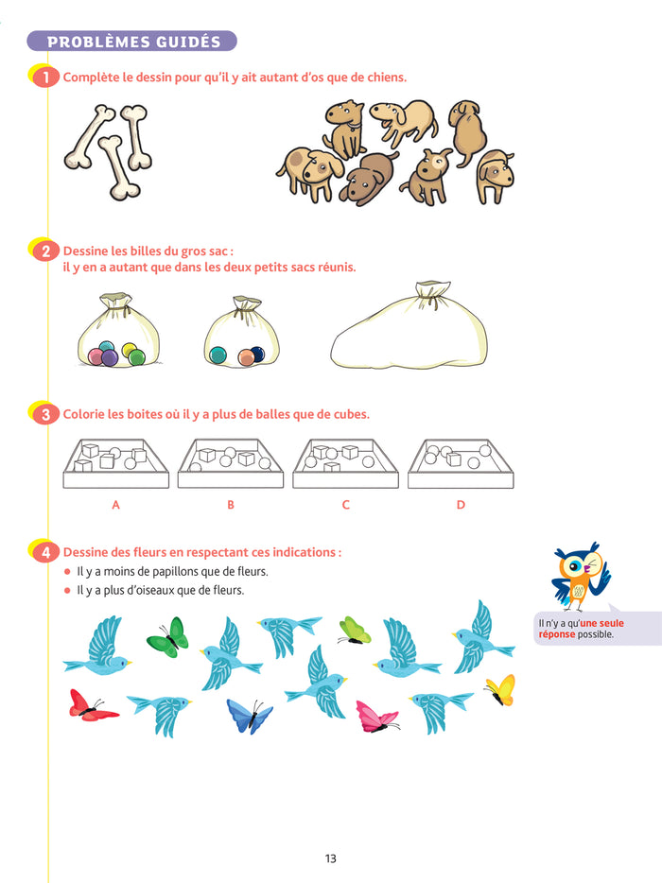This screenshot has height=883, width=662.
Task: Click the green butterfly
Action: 168,636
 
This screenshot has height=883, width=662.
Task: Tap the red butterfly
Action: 92,705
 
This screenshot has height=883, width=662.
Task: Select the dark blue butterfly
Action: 250,716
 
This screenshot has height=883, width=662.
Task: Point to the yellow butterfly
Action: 501,690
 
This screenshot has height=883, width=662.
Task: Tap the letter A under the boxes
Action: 116,505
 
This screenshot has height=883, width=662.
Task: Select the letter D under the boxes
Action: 461,505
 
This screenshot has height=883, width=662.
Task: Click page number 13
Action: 331,858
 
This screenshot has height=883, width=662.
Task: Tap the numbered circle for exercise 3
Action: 45,414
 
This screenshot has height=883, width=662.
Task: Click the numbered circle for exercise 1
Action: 45,78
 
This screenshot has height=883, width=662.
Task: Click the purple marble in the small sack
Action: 110,357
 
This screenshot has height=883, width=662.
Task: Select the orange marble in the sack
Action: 246,357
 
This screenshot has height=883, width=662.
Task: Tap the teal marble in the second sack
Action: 218,355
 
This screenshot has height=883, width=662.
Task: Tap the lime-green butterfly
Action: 355,631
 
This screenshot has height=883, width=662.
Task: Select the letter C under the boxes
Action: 346,505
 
